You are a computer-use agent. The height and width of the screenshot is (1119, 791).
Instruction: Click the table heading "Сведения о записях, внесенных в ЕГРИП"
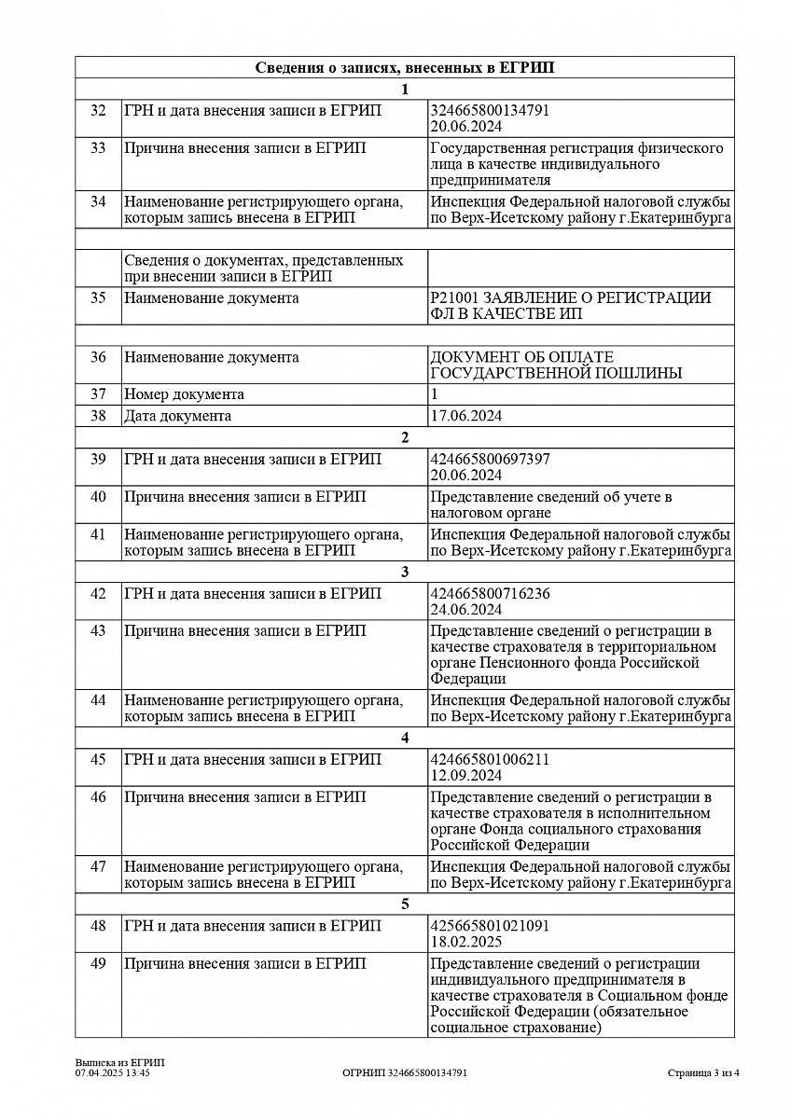[x=404, y=68]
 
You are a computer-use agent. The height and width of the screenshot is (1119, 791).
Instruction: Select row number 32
[x=98, y=110]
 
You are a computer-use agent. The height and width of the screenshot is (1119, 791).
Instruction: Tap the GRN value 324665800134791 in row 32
[x=490, y=110]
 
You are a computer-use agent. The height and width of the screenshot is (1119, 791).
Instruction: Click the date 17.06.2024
[x=465, y=416]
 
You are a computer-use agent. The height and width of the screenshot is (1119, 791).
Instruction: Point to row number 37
[x=98, y=394]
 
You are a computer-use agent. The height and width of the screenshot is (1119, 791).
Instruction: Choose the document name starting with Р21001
[x=570, y=306]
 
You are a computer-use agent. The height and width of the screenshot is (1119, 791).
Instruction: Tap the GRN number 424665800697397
[x=490, y=460]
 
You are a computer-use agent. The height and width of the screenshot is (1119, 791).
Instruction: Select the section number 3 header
[x=404, y=572]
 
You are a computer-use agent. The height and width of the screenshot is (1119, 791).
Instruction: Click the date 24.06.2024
[x=465, y=610]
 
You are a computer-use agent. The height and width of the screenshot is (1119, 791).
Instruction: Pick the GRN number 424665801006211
[x=490, y=759]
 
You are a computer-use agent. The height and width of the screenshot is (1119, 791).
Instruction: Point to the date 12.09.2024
[x=465, y=776]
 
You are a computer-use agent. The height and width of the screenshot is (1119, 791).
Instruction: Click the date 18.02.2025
[x=465, y=943]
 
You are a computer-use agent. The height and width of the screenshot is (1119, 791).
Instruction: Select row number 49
[x=98, y=964]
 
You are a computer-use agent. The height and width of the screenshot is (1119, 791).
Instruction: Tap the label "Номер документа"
[x=184, y=394]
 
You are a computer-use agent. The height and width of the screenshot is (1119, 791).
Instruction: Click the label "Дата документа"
[x=177, y=416]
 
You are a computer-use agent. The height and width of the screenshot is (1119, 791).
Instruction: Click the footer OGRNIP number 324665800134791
[x=405, y=1073]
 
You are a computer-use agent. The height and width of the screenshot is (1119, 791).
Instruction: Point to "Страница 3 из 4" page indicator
[x=703, y=1073]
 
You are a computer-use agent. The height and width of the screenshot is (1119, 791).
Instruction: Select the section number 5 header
[x=404, y=905]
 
